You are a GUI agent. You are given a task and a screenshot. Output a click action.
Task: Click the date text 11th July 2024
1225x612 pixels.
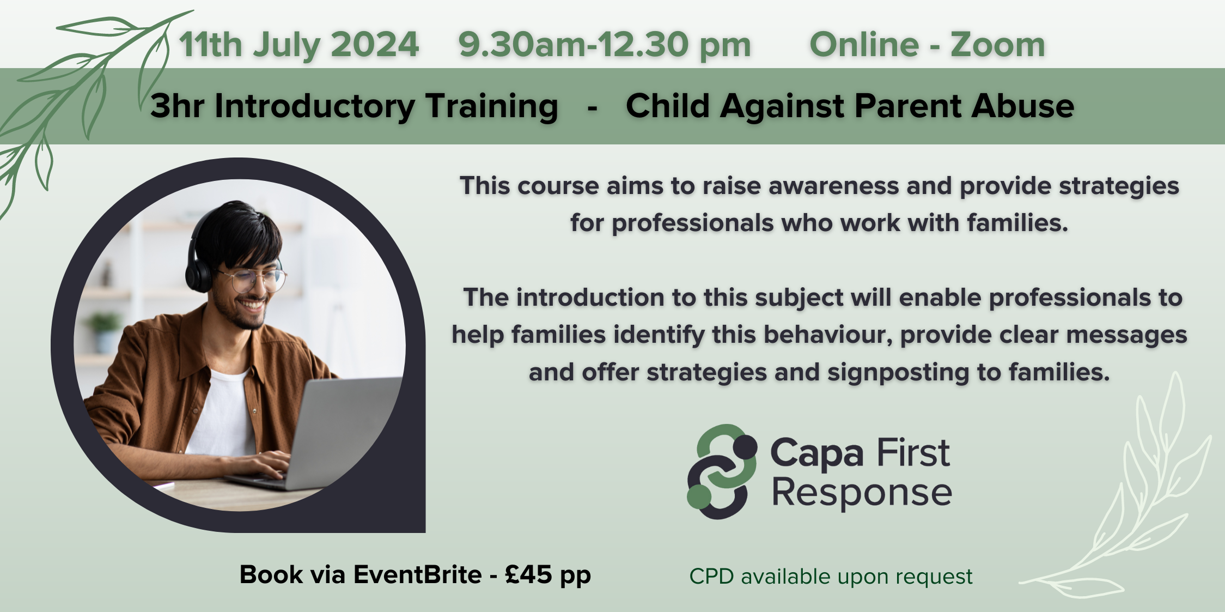click(298, 45)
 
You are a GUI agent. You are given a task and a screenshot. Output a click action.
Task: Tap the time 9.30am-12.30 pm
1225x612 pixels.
click(605, 45)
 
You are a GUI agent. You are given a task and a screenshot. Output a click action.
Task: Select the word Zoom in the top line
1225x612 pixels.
click(998, 45)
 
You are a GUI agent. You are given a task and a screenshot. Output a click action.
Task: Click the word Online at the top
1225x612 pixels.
click(864, 45)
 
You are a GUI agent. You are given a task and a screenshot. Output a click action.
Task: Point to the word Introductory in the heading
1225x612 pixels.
click(315, 106)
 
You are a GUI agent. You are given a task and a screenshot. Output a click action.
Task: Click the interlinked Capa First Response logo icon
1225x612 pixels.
click(721, 472)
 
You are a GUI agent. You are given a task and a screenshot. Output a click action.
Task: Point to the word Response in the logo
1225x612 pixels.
click(862, 493)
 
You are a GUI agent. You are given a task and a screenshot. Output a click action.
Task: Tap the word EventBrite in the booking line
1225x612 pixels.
click(418, 574)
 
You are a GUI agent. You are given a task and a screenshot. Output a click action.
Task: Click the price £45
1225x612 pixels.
click(528, 574)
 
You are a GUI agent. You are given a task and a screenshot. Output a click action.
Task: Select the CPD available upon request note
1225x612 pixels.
click(831, 577)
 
